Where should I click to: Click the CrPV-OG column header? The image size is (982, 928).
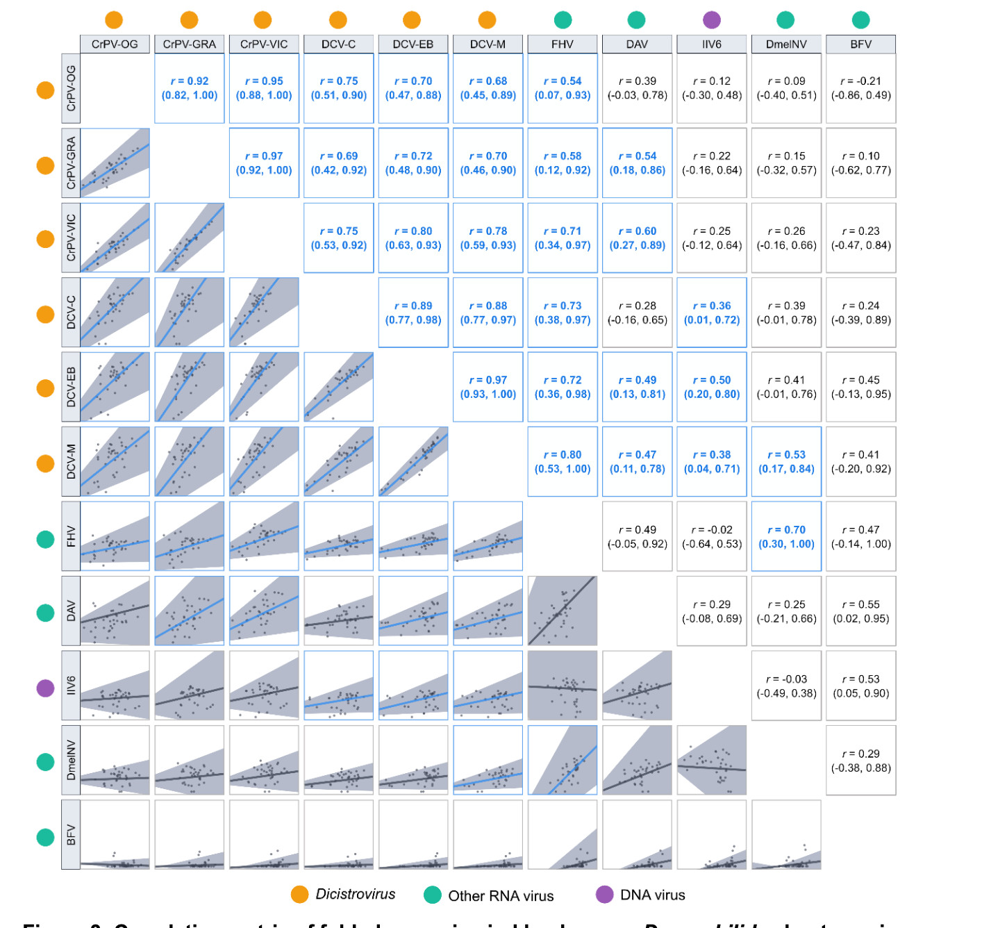click(115, 44)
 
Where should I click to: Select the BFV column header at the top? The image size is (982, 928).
click(860, 44)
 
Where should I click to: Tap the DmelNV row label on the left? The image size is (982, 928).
click(71, 760)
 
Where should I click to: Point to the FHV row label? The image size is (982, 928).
click(71, 536)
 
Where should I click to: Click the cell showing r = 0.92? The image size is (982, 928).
click(190, 89)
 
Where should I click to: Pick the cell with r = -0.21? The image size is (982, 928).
click(860, 89)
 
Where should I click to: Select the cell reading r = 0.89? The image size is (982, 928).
click(413, 313)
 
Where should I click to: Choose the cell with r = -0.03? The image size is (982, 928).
click(786, 686)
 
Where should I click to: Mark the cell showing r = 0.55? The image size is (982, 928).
click(860, 611)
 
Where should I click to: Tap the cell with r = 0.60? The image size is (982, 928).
click(637, 238)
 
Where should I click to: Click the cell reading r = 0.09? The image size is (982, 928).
click(786, 89)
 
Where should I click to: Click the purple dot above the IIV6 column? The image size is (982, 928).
click(712, 19)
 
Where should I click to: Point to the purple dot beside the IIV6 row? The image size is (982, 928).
click(45, 688)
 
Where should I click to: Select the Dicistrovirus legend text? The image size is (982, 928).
click(355, 895)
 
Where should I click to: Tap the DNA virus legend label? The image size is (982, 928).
click(652, 895)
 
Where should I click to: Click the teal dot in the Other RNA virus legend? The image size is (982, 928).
click(432, 895)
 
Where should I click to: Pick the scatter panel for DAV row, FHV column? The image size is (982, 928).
click(563, 611)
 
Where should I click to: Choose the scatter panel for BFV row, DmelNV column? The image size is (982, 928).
click(786, 835)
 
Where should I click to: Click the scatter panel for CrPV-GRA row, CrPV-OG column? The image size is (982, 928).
click(115, 163)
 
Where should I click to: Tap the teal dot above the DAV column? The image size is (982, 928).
click(636, 19)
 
